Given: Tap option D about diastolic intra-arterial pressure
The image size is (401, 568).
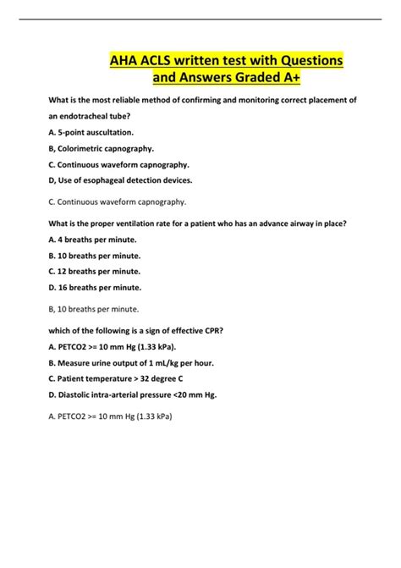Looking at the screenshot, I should point(133,394).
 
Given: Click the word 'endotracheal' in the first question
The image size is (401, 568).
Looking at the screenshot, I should point(100,116).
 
